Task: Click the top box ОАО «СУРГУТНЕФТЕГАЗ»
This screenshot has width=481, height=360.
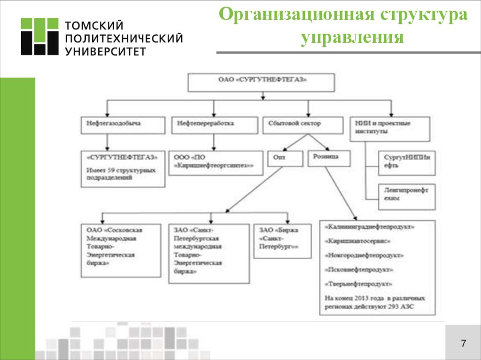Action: click(262, 82)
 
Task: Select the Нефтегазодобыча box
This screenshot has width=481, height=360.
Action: click(124, 125)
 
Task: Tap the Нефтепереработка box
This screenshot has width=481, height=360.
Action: click(214, 125)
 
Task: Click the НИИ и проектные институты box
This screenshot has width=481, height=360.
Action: click(390, 128)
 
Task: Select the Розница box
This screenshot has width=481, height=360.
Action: click(329, 158)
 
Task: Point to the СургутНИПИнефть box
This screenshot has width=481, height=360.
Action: click(406, 162)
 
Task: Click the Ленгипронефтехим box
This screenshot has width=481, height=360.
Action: click(406, 196)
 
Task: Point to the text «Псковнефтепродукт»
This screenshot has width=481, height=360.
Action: click(358, 270)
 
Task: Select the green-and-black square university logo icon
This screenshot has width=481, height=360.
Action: click(39, 37)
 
